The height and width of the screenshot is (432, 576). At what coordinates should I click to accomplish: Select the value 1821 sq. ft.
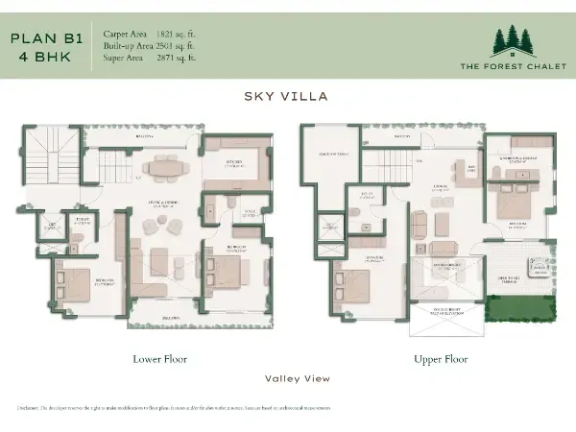pyautogui.click(x=181, y=34)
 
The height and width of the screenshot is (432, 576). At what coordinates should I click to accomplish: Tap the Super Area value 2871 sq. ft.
pyautogui.click(x=181, y=58)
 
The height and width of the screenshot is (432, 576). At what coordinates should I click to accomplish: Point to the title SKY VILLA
pyautogui.click(x=287, y=97)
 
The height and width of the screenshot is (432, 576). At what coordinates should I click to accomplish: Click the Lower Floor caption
pyautogui.click(x=159, y=359)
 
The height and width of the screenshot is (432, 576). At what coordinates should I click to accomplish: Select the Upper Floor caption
pyautogui.click(x=441, y=359)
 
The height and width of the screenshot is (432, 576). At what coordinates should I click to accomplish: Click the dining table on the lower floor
pyautogui.click(x=166, y=165)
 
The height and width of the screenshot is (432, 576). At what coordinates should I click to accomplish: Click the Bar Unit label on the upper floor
pyautogui.click(x=471, y=167)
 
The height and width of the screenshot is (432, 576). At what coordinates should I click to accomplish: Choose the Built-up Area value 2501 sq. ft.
pyautogui.click(x=181, y=45)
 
